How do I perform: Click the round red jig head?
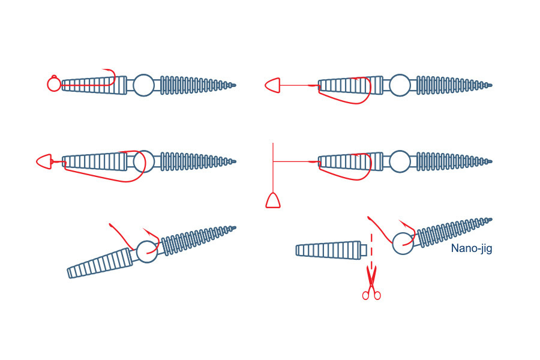pos(54,84)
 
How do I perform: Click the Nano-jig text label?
pos(472,248)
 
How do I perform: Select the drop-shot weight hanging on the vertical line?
pos(273,200)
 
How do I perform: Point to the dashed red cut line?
pos(371,250)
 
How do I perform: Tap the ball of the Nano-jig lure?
pos(403,244)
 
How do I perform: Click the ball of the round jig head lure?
pos(143,85)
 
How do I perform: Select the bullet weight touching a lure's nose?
pos(44,161)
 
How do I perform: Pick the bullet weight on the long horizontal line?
pos(272,85)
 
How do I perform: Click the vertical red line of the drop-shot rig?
pos(273,168)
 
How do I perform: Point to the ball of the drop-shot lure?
pos(400,161)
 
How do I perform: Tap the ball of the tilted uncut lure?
pos(147,252)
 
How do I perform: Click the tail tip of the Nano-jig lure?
pos(491,219)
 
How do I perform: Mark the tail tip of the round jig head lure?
pos(235,85)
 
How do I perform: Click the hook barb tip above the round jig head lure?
pos(103,70)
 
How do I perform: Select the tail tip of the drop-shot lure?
pos(491,161)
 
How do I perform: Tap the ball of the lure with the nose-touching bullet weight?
pos(143,161)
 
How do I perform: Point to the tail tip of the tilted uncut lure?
pos(235,227)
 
